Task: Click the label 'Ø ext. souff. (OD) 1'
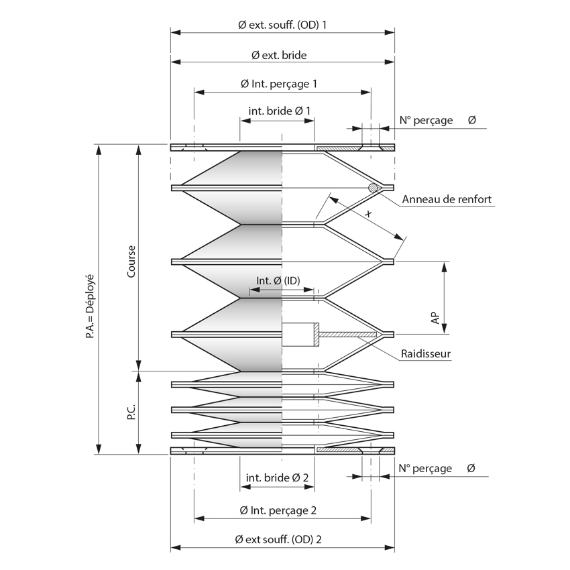[x=282, y=24]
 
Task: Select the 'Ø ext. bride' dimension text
[x=282, y=55]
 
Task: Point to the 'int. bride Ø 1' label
[x=279, y=111]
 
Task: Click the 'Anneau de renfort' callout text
[x=447, y=199]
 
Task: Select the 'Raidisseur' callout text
[x=426, y=353]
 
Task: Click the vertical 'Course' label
[x=131, y=262]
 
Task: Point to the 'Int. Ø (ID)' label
[x=278, y=280]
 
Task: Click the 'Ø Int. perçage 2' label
[x=282, y=510]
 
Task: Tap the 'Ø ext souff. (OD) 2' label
[x=282, y=539]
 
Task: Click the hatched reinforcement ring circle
[x=372, y=188]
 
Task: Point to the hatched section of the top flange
[x=338, y=148]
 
